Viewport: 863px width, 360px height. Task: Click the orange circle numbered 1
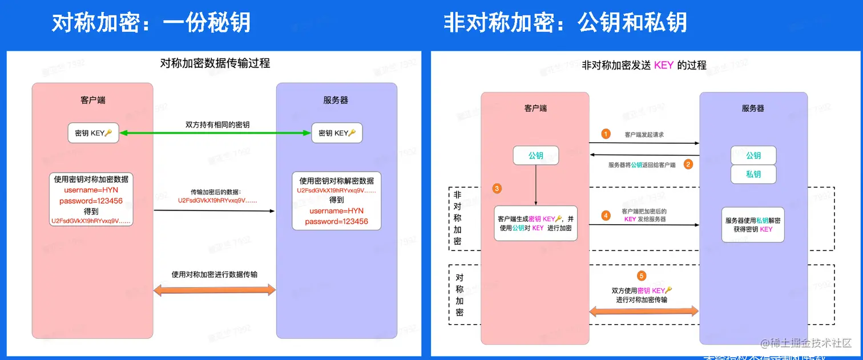coord(606,134)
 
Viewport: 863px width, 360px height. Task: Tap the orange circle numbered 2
coord(688,164)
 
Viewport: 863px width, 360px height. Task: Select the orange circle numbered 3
coord(497,188)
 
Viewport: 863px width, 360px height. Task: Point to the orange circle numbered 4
coord(606,216)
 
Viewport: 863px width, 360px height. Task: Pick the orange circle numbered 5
coord(642,276)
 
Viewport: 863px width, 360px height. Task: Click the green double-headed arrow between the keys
coord(215,133)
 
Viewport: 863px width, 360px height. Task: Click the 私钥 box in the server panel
coord(753,175)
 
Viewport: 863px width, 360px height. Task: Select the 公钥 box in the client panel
coord(535,155)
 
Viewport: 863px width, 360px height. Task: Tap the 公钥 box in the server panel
coord(753,156)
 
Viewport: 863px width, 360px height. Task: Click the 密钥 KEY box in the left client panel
coord(93,133)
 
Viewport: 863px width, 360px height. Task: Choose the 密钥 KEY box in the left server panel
coord(337,133)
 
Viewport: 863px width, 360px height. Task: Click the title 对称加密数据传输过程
coord(215,63)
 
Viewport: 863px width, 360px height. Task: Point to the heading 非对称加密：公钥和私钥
coord(565,23)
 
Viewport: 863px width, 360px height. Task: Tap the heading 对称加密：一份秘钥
coord(151,23)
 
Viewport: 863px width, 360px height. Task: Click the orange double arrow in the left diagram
coord(215,290)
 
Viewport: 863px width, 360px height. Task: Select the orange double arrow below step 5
coord(644,311)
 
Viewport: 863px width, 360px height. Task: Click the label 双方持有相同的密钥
coord(217,124)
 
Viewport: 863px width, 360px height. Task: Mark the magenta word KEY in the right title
coord(664,65)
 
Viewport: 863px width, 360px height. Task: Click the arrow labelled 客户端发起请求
coord(644,144)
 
